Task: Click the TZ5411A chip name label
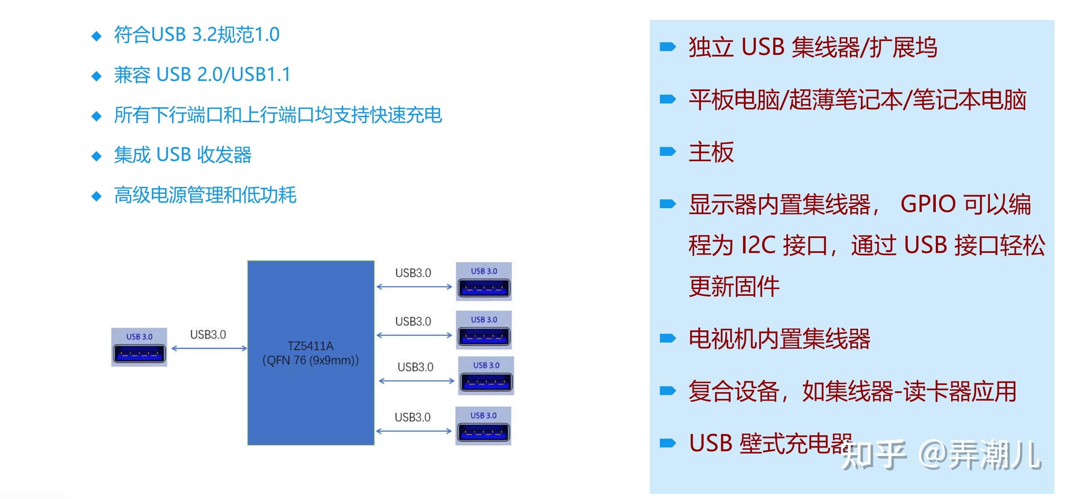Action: pos(310,346)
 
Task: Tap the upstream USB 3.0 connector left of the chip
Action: pos(139,347)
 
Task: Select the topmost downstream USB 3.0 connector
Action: pos(484,282)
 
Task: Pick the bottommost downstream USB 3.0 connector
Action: pos(483,426)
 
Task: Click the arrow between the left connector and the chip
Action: pos(209,349)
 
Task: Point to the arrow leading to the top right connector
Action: pos(414,287)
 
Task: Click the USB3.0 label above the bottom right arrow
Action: pos(412,417)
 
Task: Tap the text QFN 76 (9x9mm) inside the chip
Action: pos(310,361)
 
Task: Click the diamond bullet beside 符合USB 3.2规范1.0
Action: pos(97,36)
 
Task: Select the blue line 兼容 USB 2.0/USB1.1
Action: pos(202,75)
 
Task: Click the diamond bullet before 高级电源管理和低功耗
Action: pos(97,196)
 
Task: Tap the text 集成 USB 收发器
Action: pos(183,155)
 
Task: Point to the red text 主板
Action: pos(711,152)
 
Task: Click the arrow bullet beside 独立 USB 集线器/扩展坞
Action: pos(667,47)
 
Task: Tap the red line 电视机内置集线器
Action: pos(779,339)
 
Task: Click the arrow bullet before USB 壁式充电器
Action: pos(667,444)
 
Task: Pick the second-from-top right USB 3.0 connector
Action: pos(484,330)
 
